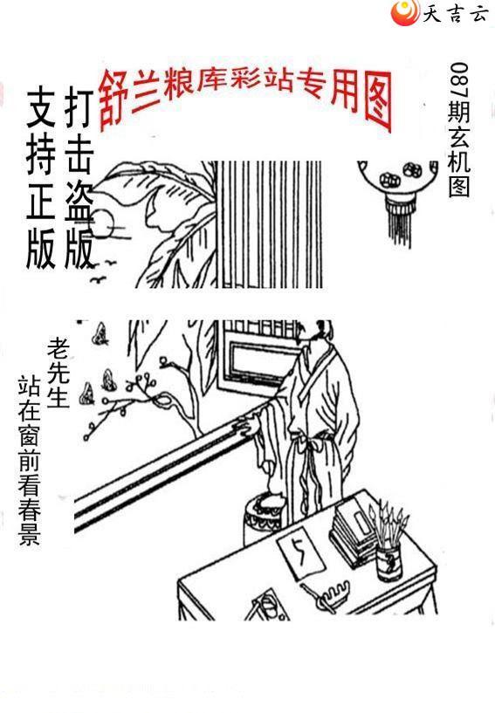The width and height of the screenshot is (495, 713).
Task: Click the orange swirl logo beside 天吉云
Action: coord(404,12)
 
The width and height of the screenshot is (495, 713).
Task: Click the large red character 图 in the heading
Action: coord(378,101)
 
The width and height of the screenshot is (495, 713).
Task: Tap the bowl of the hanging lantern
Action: coord(396,176)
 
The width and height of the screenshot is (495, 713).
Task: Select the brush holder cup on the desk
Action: coord(389,564)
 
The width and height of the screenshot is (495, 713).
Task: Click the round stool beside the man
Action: coord(265,522)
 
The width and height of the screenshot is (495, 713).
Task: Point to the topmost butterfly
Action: coord(100,333)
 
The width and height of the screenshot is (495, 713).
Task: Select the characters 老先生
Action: coord(58,373)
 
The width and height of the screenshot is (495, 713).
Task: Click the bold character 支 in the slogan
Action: coord(41,107)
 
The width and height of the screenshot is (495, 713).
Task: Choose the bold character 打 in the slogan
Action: coord(79,107)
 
